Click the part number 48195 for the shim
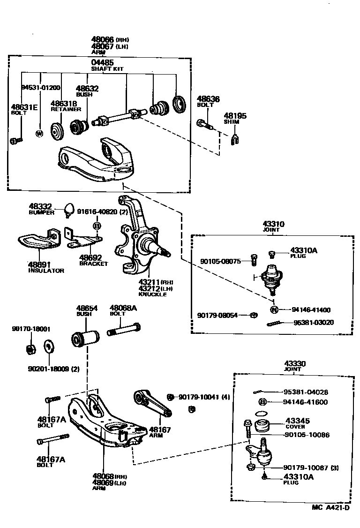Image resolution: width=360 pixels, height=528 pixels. (x=235, y=116)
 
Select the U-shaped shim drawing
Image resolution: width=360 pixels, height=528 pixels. (x=236, y=139)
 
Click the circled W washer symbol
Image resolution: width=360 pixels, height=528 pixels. (x=39, y=133)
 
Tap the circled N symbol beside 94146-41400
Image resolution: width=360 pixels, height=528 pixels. (x=274, y=309)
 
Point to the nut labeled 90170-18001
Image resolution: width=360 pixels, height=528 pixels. (x=29, y=349)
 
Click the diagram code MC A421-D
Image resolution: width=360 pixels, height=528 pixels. (x=330, y=507)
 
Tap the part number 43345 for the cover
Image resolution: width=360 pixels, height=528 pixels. (x=297, y=421)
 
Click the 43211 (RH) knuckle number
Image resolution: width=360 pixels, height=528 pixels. (x=149, y=282)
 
